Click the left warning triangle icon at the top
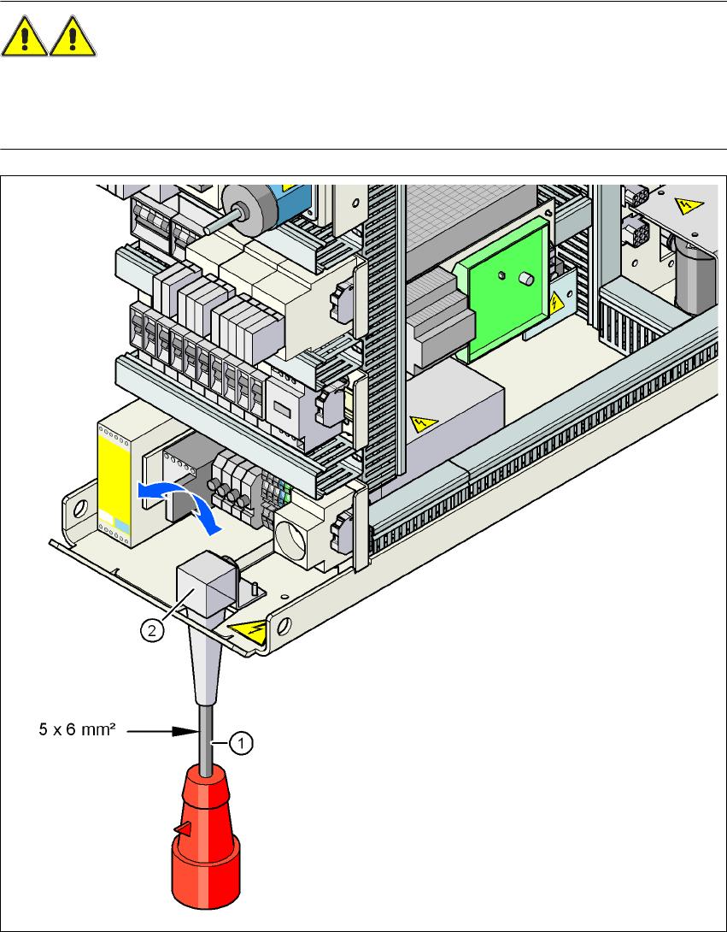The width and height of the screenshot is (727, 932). (x=25, y=39)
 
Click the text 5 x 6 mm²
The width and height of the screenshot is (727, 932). (x=77, y=732)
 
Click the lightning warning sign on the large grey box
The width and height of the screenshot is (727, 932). (x=422, y=422)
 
